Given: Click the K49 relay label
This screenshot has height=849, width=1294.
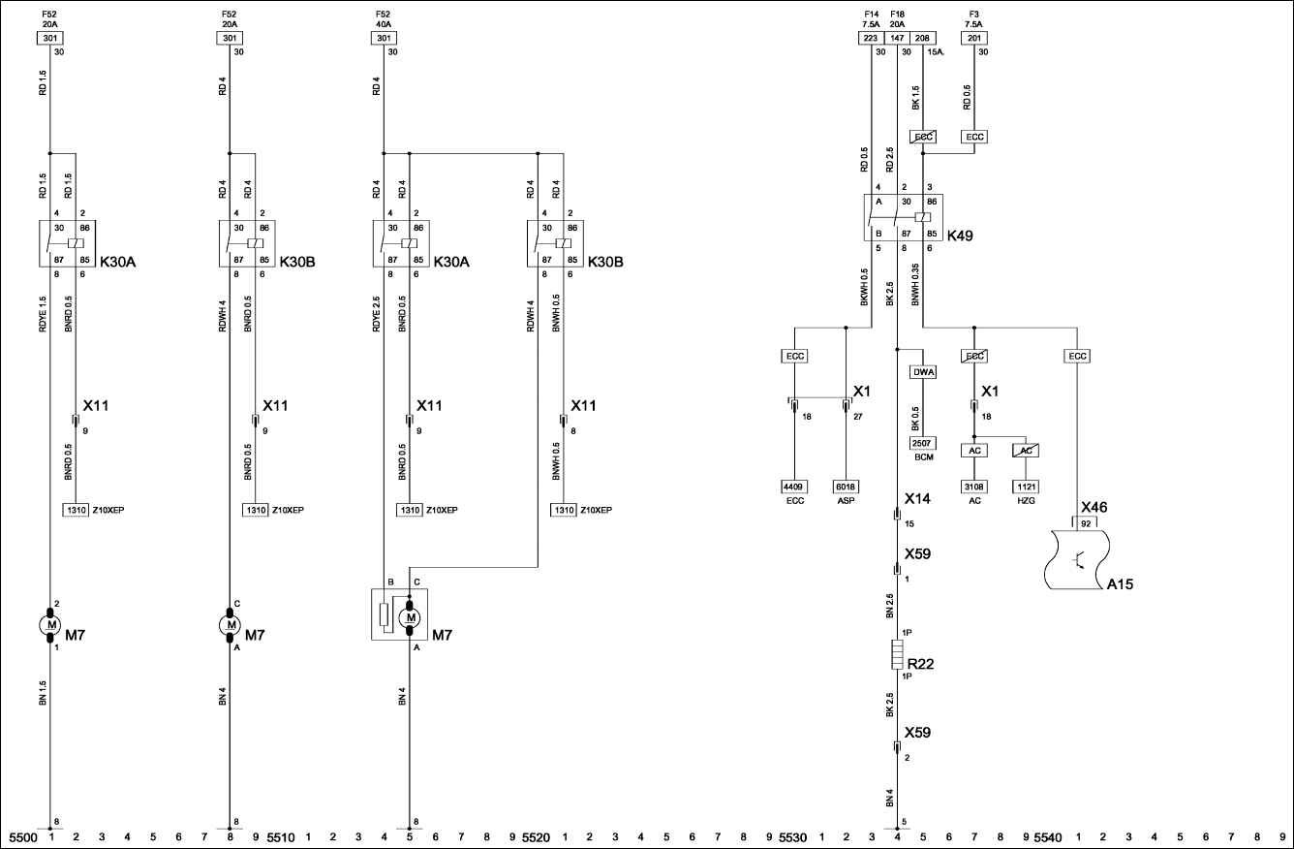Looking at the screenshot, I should pyautogui.click(x=961, y=236).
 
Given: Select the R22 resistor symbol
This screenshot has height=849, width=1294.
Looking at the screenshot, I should pyautogui.click(x=898, y=655).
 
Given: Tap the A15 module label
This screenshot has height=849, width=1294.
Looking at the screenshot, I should pyautogui.click(x=1121, y=584).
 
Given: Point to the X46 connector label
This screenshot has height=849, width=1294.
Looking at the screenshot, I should pyautogui.click(x=1094, y=507).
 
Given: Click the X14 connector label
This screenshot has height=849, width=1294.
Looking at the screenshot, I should pyautogui.click(x=917, y=498).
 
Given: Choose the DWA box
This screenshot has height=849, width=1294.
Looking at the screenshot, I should pyautogui.click(x=923, y=371).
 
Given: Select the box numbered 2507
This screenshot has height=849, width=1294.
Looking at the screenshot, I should pyautogui.click(x=923, y=442).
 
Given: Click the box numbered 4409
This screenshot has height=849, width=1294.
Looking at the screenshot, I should pyautogui.click(x=794, y=487).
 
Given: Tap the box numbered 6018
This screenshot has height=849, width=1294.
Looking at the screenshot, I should pyautogui.click(x=847, y=487).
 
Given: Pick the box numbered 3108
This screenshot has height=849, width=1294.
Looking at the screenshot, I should pyautogui.click(x=974, y=487).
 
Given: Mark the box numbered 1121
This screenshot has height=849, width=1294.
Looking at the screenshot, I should pyautogui.click(x=1026, y=487).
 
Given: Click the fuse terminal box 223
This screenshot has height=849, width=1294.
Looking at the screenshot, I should pyautogui.click(x=871, y=38).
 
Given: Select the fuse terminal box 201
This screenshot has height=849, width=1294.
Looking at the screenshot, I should pyautogui.click(x=973, y=38).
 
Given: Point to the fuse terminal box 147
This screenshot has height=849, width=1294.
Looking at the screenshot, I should pyautogui.click(x=897, y=38).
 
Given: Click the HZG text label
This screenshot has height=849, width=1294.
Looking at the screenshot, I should pyautogui.click(x=1026, y=500).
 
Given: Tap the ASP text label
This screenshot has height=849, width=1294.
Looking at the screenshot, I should pyautogui.click(x=847, y=500).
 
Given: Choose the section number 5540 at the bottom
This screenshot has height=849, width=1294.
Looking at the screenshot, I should pyautogui.click(x=1048, y=835).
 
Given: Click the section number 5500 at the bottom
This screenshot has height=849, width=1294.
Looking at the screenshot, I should pyautogui.click(x=22, y=835).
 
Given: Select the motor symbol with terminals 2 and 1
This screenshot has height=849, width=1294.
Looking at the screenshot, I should pyautogui.click(x=49, y=625).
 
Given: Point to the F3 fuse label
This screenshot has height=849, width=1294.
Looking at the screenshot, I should pyautogui.click(x=973, y=15).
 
